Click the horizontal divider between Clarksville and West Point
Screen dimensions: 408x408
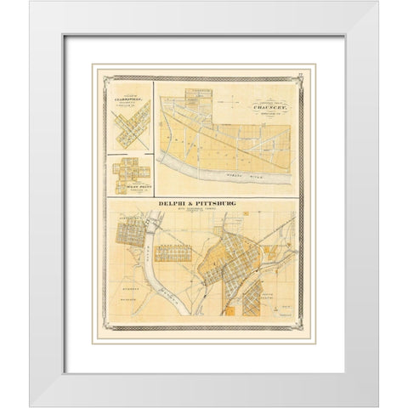point(129,153)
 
